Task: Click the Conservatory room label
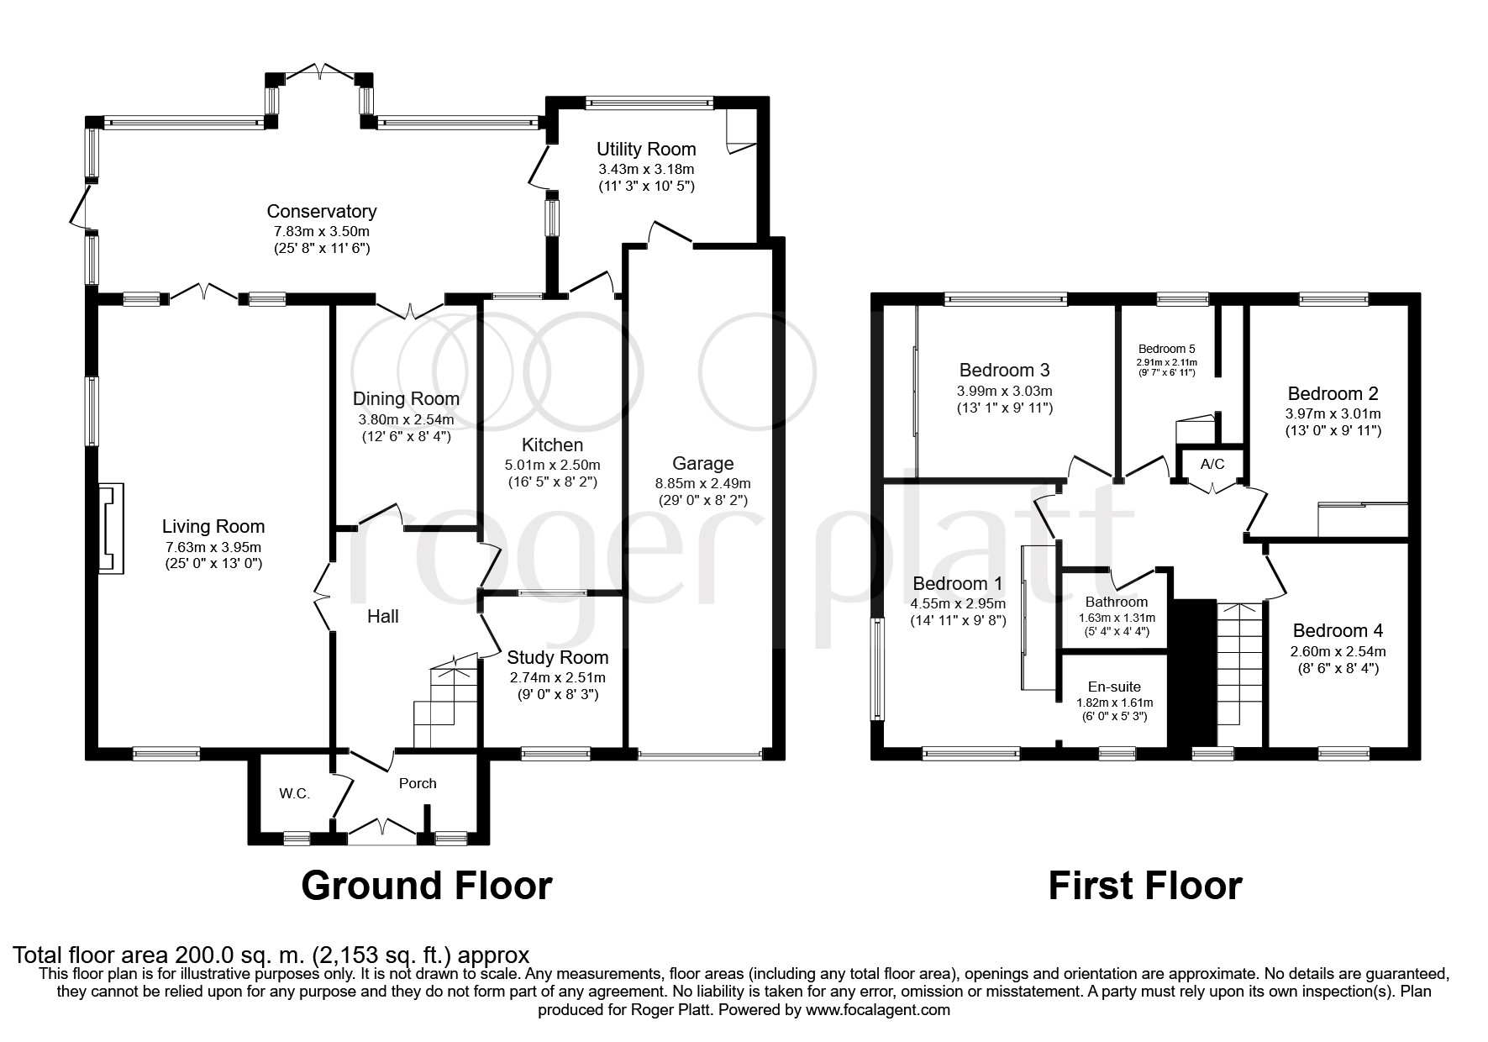[322, 212]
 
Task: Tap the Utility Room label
[646, 150]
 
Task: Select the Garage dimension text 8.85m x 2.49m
[703, 483]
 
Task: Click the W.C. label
[295, 793]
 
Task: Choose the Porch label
[418, 783]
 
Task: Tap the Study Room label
[558, 657]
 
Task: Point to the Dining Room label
[406, 399]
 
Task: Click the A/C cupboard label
[1212, 464]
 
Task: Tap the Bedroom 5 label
[1166, 349]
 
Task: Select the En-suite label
[1114, 687]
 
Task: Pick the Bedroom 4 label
[1338, 631]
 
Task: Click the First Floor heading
[1144, 886]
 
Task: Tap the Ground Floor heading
[427, 886]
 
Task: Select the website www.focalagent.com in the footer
[878, 1010]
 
